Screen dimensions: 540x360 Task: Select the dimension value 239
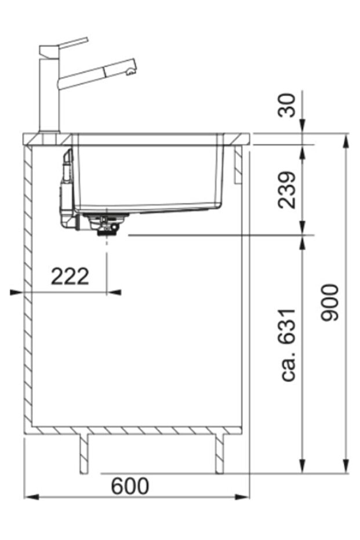288,189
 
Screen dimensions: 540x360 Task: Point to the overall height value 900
330,302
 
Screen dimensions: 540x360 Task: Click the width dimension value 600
130,487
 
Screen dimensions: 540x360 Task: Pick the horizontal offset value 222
70,277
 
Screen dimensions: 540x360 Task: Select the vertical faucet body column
49,93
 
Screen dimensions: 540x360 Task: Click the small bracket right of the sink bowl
238,165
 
